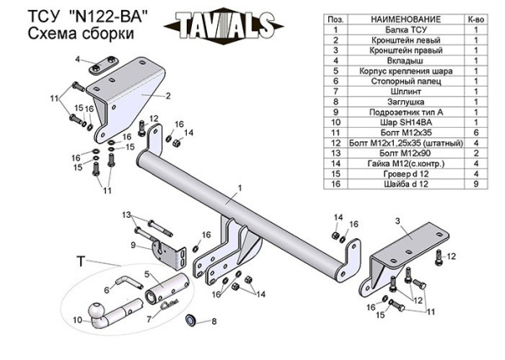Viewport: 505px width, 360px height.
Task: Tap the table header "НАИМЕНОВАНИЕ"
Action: coord(401,19)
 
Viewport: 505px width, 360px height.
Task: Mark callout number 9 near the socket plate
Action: coord(133,245)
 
